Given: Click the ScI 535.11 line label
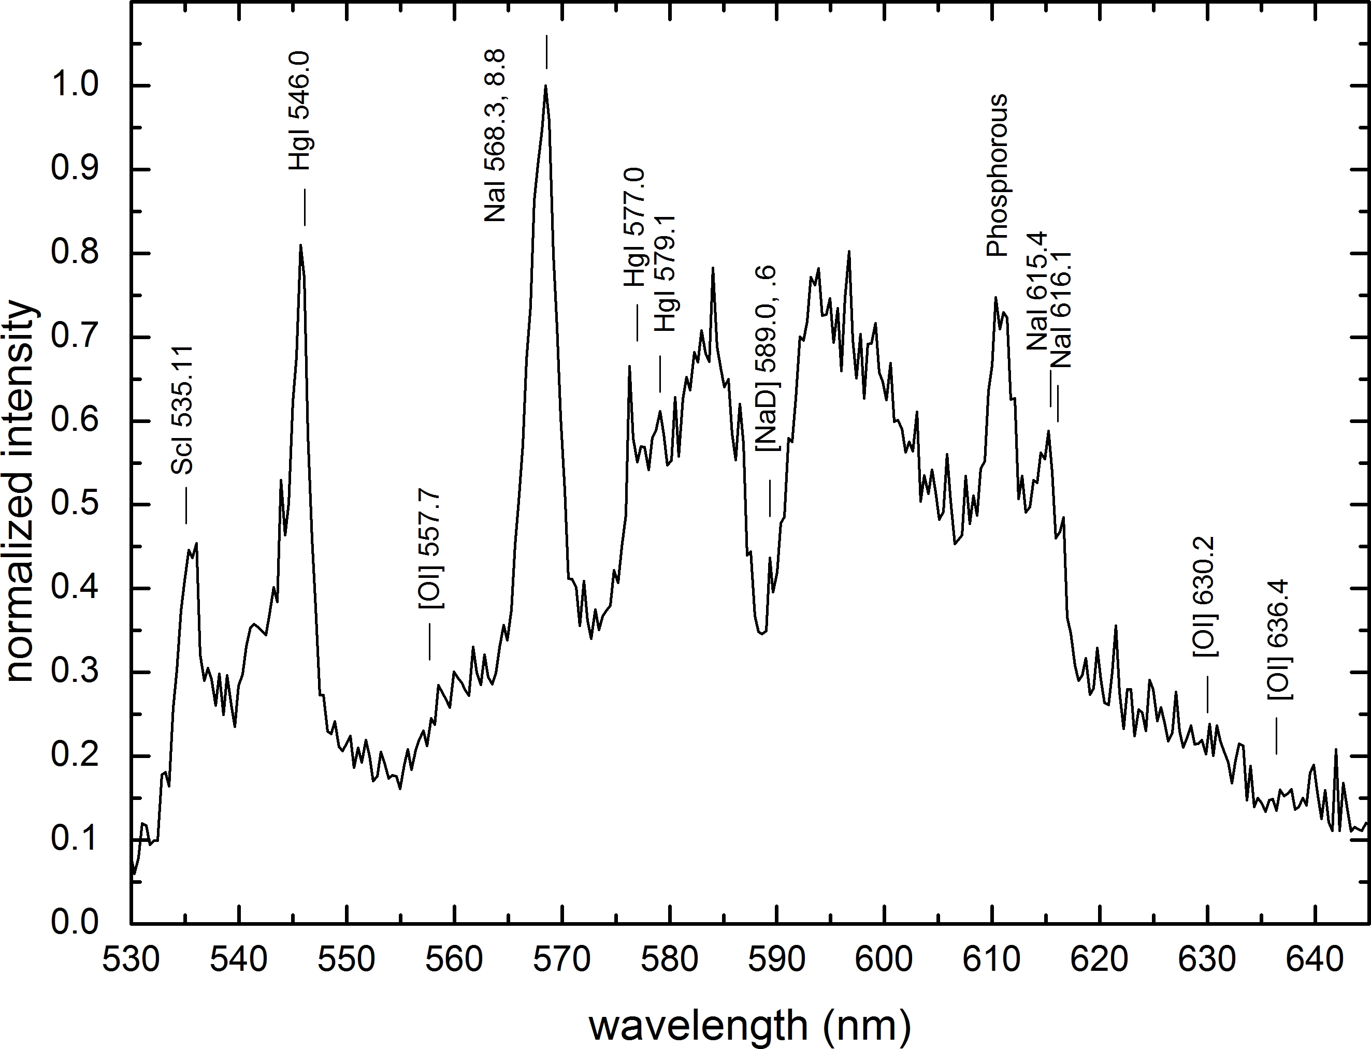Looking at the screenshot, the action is pos(183,410).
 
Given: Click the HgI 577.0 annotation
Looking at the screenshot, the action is pos(634,227).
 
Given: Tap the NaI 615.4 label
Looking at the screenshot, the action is pos(1037,290).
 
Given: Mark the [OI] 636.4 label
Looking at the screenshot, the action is pos(1280,640).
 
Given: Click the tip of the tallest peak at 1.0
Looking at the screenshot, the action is pos(545,86).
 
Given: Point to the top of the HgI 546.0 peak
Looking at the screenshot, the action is pos(300,245).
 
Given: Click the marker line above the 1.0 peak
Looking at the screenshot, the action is pos(546,52).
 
